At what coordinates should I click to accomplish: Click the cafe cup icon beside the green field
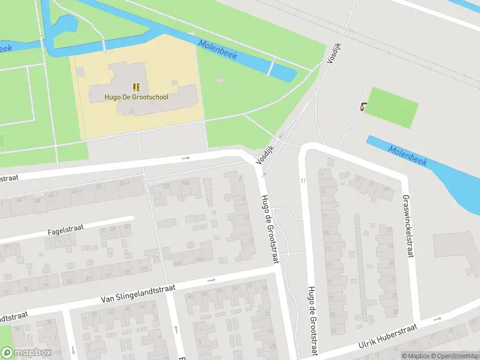[x=363, y=107]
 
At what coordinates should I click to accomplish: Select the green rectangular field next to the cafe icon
[x=392, y=107]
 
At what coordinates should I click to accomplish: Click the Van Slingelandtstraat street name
[x=138, y=292]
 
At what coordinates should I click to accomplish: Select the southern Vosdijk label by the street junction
[x=265, y=155]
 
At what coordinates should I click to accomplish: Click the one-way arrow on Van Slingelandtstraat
[x=211, y=280]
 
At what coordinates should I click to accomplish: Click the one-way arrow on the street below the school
[x=186, y=158]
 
